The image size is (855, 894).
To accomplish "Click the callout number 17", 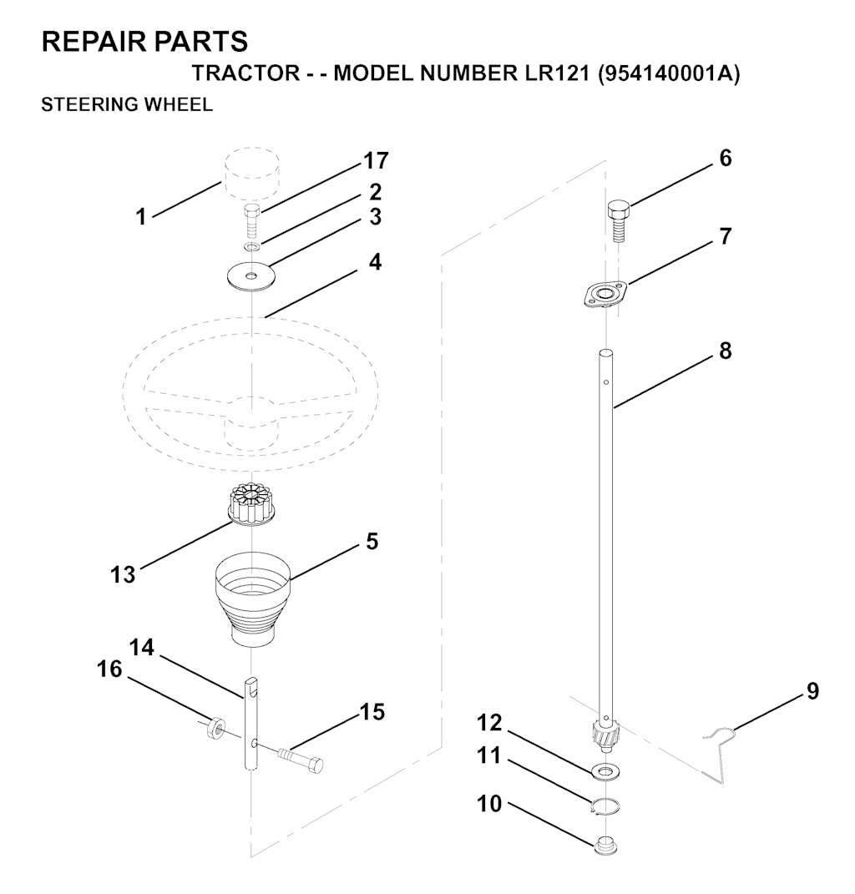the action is pos(376,161).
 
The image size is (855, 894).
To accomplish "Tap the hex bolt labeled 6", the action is pos(618,221).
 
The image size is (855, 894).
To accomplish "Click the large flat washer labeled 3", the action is pos(250,277).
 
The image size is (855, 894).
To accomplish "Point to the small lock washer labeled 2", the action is pos(252,246).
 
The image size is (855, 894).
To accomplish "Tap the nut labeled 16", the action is pos(215,729).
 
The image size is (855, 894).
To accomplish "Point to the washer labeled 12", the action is pos(606,771).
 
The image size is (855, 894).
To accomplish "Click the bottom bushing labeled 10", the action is pos(605,846).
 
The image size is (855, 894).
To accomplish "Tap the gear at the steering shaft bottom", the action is pos(605,733).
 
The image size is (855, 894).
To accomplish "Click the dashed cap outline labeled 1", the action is pos(252,170).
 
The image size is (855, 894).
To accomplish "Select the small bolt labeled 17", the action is pos(252,222).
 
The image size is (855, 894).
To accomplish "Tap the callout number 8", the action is pos(725,351).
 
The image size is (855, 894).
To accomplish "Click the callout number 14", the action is pos(141,648).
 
